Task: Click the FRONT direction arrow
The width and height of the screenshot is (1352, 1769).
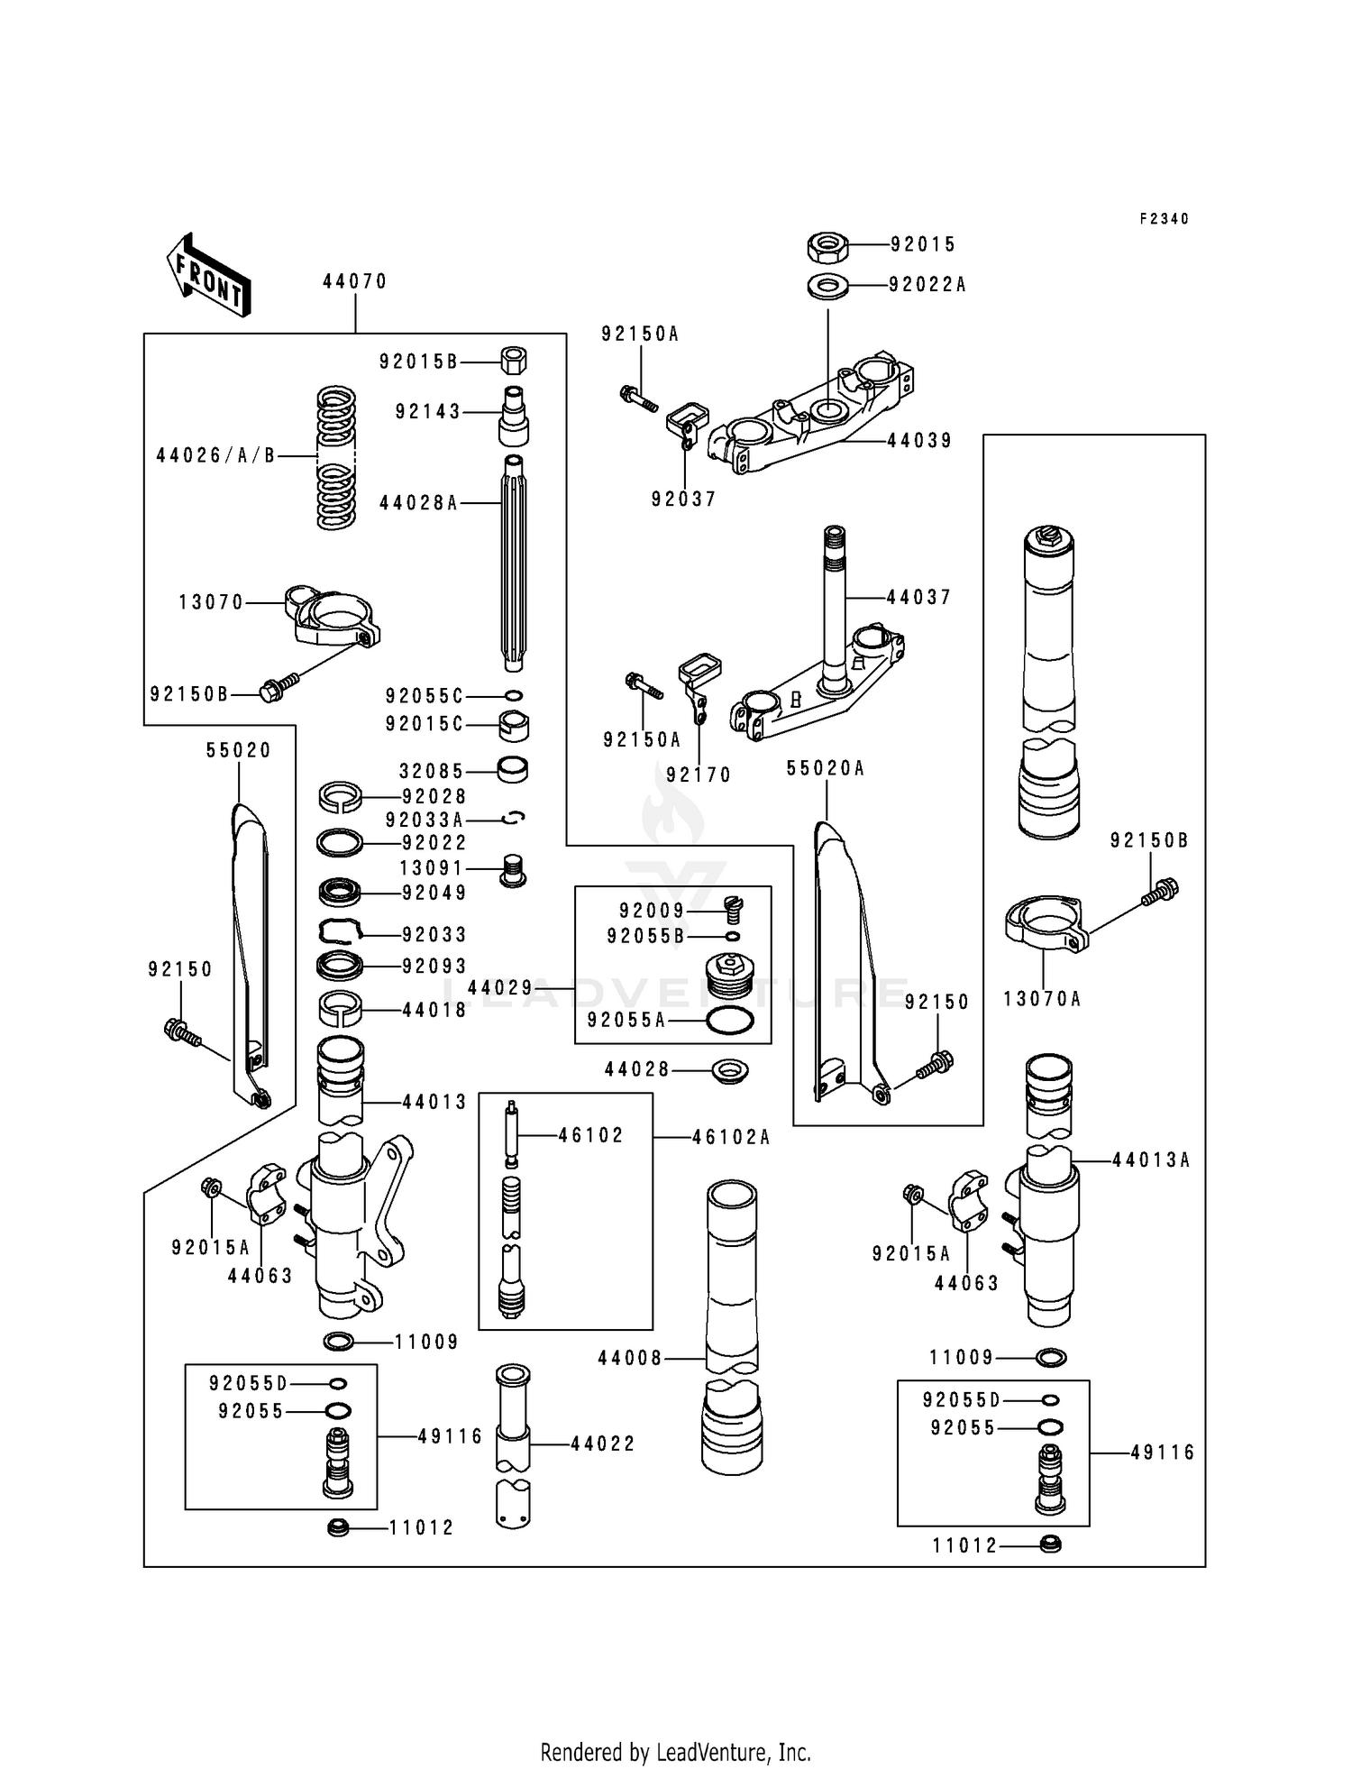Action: point(207,274)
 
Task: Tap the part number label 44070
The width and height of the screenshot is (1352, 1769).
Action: point(355,281)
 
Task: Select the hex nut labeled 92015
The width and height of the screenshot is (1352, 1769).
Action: point(826,244)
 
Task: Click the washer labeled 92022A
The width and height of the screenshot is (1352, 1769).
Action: point(827,286)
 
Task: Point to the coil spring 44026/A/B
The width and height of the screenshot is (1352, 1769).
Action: point(336,457)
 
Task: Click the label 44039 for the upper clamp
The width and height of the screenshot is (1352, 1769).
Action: point(920,441)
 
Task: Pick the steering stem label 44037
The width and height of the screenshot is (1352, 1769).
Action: point(919,597)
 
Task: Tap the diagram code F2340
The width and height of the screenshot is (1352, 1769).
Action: point(1165,219)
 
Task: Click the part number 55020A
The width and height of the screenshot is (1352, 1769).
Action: point(826,768)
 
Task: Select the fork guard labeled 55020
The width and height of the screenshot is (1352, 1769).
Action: point(250,954)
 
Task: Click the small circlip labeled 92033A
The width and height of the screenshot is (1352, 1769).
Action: point(515,819)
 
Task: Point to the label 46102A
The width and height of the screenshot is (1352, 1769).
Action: point(731,1137)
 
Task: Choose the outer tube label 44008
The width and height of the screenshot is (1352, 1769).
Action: point(630,1358)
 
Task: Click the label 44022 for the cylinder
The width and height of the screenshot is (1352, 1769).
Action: point(603,1444)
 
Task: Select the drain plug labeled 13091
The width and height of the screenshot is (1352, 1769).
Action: point(513,869)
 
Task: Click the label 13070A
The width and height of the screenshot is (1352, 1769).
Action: point(1042,999)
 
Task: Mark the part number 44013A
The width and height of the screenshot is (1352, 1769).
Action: point(1151,1160)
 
